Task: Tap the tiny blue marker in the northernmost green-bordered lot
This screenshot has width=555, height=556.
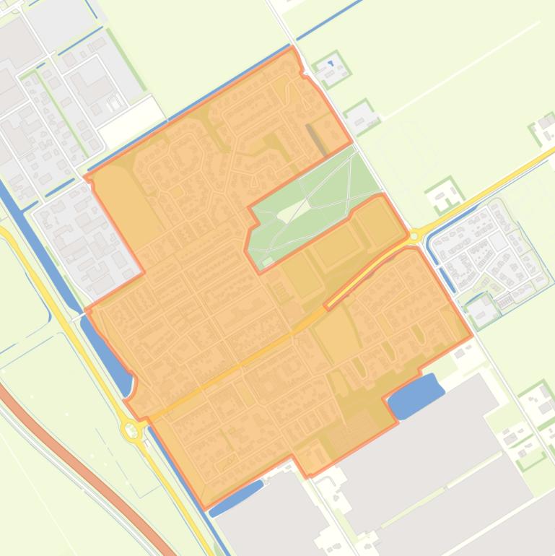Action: pos(331,64)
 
